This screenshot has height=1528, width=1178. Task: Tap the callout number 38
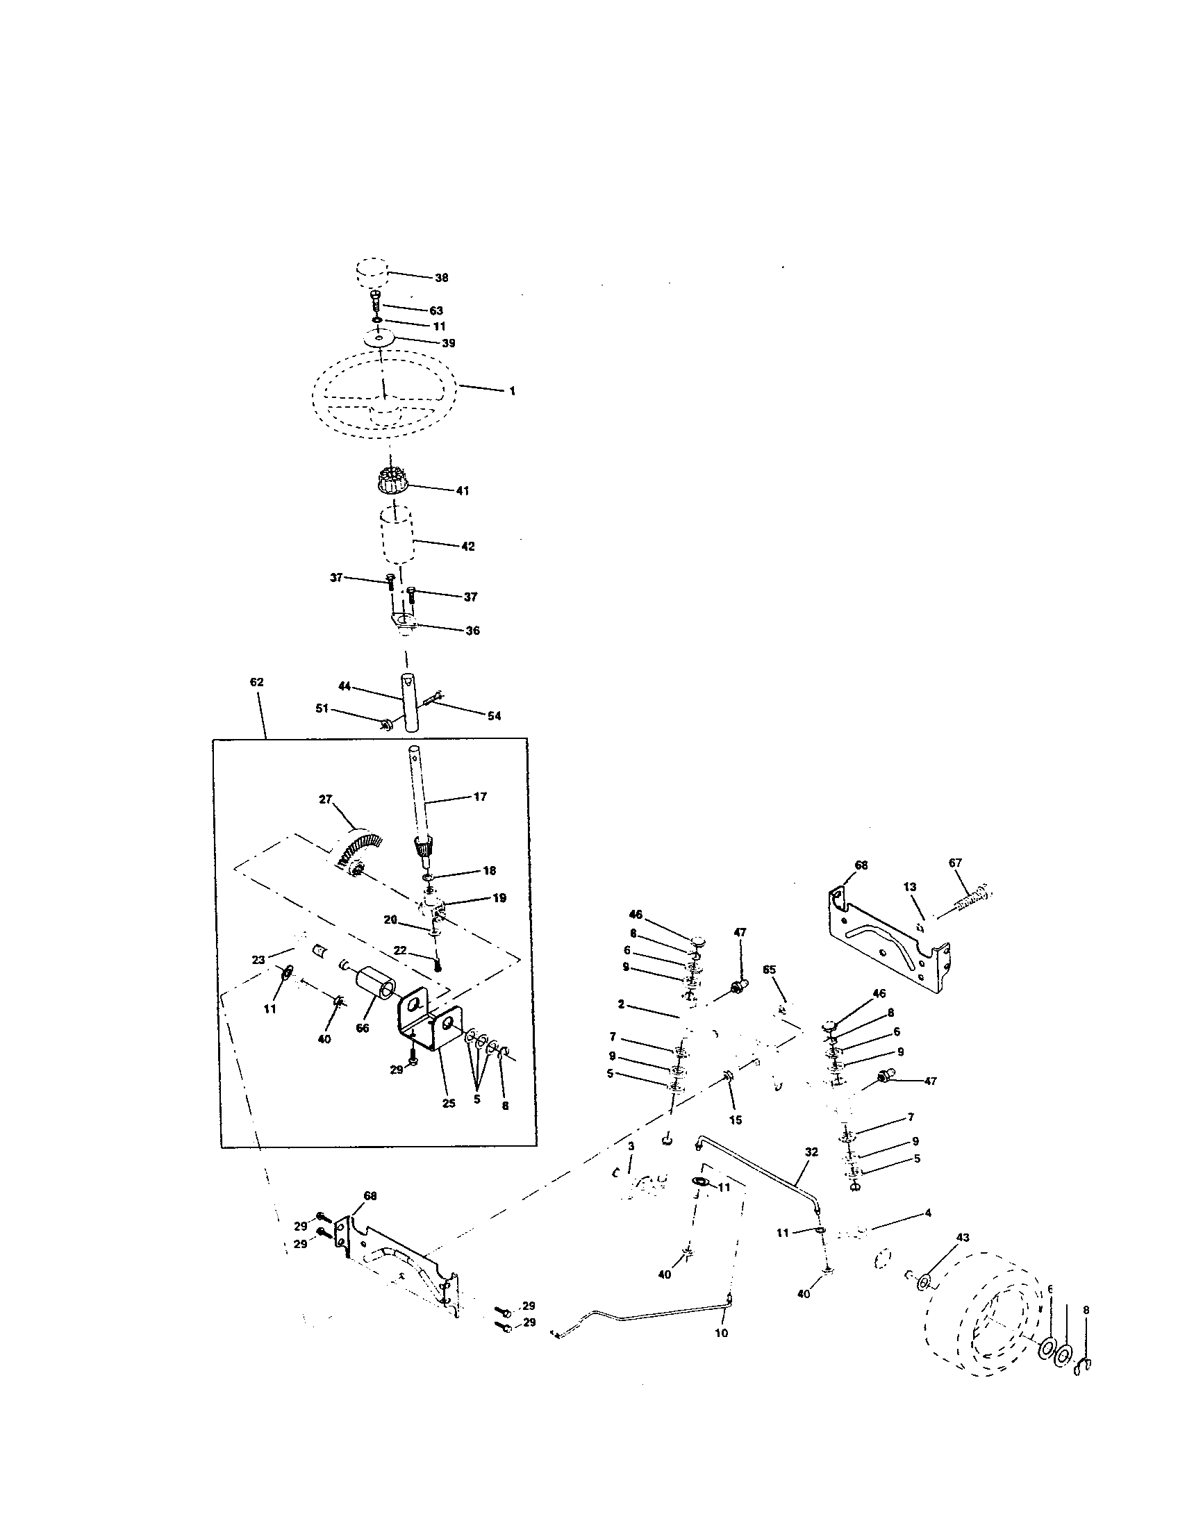click(x=441, y=278)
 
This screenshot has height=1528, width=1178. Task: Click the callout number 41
click(x=463, y=491)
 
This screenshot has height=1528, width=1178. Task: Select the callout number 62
click(x=257, y=681)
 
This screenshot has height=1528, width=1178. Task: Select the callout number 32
click(x=811, y=1152)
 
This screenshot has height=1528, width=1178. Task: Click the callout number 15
click(x=735, y=1120)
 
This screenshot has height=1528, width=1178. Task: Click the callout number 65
click(x=770, y=970)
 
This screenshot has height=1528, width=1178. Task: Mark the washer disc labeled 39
click(x=379, y=339)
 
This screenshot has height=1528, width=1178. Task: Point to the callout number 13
click(x=910, y=887)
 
